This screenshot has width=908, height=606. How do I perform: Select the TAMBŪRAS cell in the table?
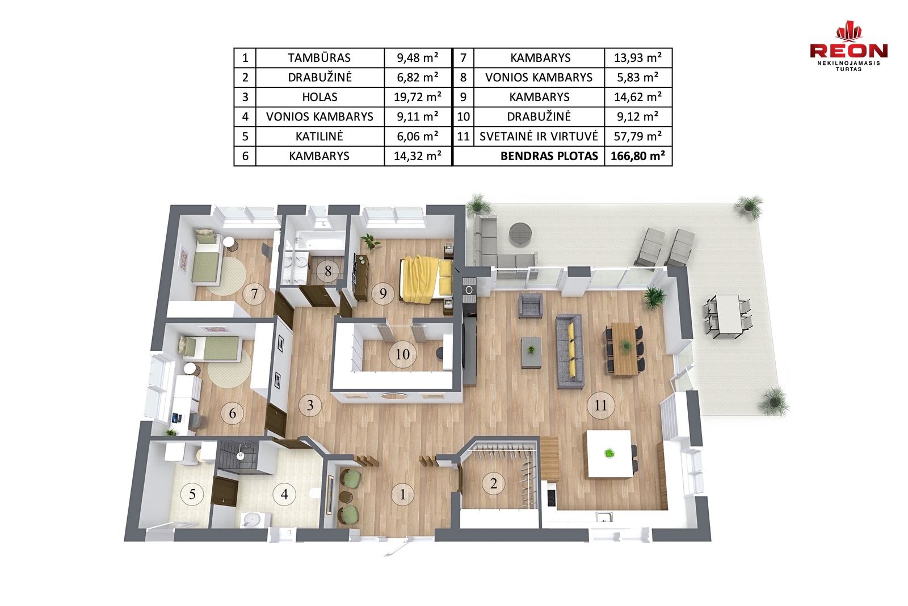pos(320,57)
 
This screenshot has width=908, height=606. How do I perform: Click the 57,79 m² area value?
pos(638,136)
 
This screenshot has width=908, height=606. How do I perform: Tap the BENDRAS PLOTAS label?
pos(549,156)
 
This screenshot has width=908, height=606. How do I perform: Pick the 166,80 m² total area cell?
pos(638,156)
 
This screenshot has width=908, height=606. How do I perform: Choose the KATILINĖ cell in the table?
pos(320,136)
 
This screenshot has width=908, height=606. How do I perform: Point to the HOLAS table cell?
pos(320,97)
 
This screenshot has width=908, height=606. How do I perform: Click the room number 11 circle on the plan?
pos(600,405)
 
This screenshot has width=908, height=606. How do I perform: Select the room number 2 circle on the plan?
pos(493,483)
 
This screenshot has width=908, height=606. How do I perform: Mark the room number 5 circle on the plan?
pos(192,494)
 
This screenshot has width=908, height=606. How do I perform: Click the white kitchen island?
pos(609,453)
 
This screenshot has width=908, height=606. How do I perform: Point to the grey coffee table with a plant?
pos(531,352)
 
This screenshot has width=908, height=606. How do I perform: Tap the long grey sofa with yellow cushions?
pos(570,351)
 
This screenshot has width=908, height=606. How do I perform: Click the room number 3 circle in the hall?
pos(310,404)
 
